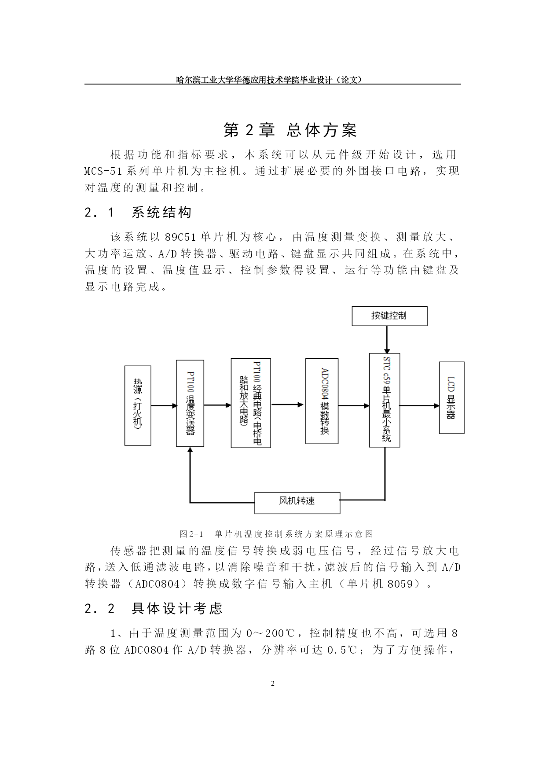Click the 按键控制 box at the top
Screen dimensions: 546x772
pyautogui.click(x=389, y=316)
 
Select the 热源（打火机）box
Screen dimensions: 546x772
pyautogui.click(x=138, y=405)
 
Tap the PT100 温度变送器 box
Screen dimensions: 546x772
pyautogui.click(x=190, y=403)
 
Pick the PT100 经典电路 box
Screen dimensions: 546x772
pyautogui.click(x=251, y=403)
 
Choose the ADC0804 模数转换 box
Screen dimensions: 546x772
pyautogui.click(x=322, y=401)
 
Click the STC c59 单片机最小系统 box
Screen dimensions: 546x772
pyautogui.click(x=385, y=400)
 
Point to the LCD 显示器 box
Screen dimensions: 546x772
pyautogui.click(x=451, y=397)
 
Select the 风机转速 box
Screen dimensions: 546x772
pyautogui.click(x=297, y=503)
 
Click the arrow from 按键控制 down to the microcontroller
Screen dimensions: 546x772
pyautogui.click(x=386, y=339)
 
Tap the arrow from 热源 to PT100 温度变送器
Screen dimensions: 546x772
pyautogui.click(x=164, y=405)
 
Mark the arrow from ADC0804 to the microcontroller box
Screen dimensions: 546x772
pyautogui.click(x=354, y=405)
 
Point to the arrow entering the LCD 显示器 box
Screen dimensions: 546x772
pyautogui.click(x=419, y=405)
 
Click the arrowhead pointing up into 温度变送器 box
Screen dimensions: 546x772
pyautogui.click(x=190, y=449)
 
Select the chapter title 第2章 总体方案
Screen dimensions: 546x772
pyautogui.click(x=290, y=130)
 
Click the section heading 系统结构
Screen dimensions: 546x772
pyautogui.click(x=161, y=213)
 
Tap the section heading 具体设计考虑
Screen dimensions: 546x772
pyautogui.click(x=177, y=608)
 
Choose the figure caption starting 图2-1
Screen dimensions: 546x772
pyautogui.click(x=276, y=534)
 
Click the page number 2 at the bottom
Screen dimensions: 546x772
pyautogui.click(x=272, y=684)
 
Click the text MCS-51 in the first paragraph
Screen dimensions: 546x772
pyautogui.click(x=103, y=171)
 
